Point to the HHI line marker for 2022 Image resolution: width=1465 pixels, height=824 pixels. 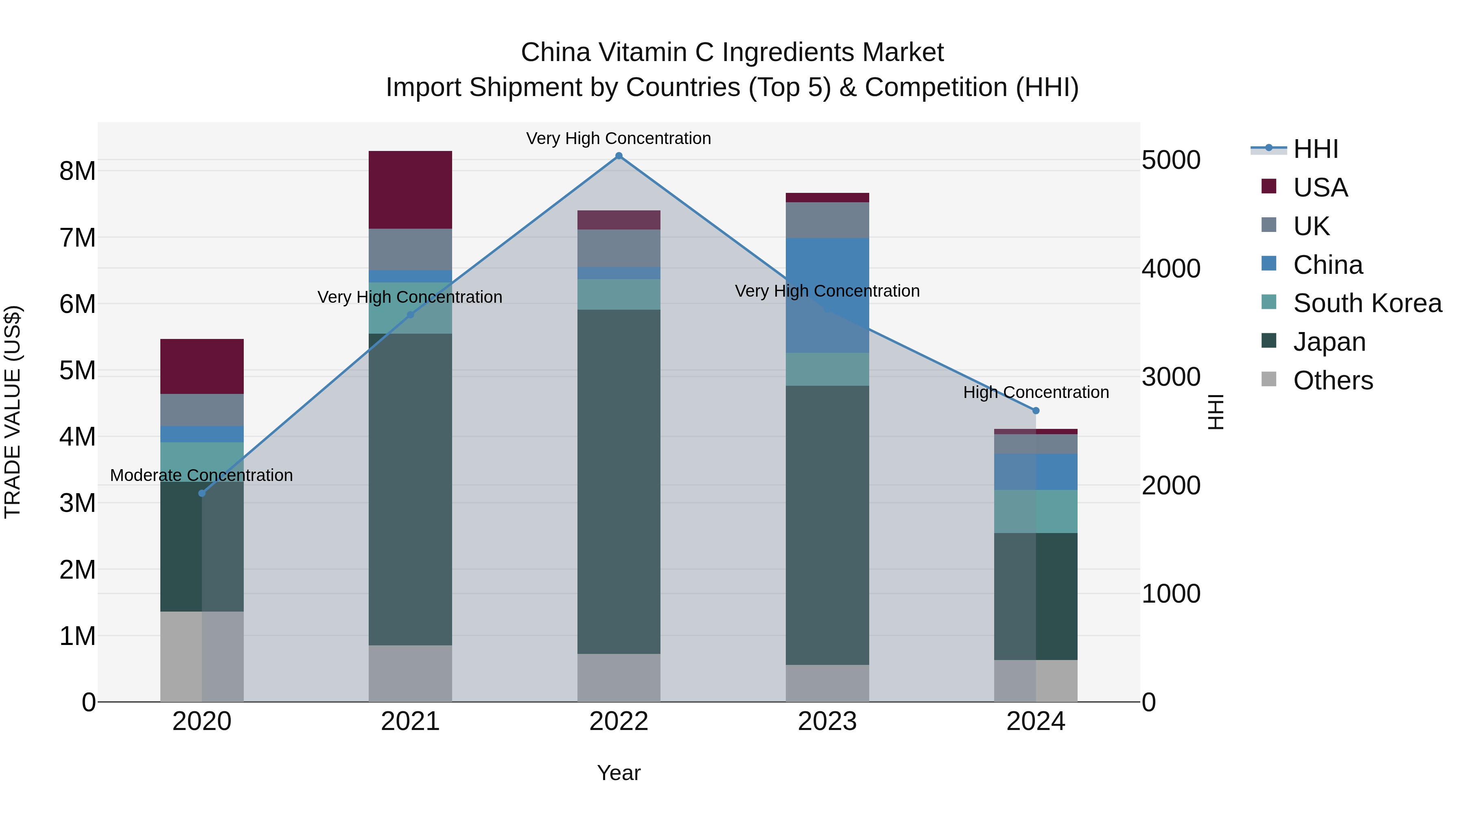point(619,156)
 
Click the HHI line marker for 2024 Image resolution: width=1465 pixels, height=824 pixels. point(1036,411)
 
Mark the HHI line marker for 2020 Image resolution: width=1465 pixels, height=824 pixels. point(202,493)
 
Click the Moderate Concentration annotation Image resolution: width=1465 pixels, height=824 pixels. point(201,475)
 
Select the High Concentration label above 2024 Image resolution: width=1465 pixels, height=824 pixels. point(1036,392)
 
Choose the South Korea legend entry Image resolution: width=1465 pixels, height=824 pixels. point(1367,303)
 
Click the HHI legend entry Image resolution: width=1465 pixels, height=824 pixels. point(1315,149)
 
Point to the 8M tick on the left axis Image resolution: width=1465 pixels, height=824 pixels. point(77,170)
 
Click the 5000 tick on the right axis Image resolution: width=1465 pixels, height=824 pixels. point(1171,160)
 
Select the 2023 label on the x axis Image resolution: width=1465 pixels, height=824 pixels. point(827,721)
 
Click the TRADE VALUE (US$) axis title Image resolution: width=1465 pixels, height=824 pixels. point(13,412)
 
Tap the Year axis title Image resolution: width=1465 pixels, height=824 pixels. point(619,773)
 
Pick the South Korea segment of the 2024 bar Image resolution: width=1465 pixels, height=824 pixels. point(1036,511)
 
